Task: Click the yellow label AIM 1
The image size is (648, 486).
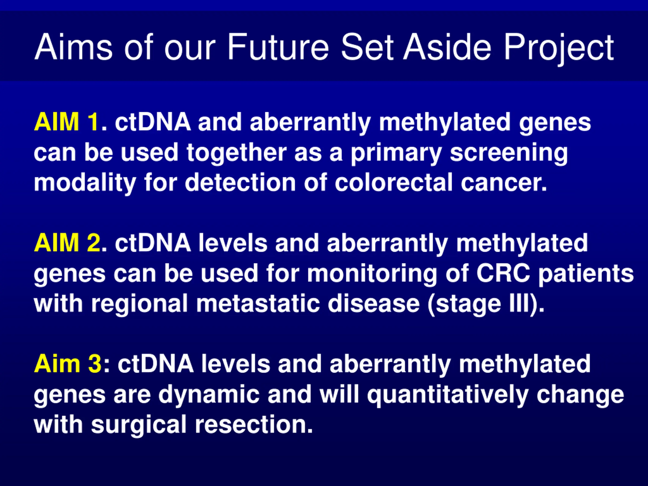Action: (x=66, y=122)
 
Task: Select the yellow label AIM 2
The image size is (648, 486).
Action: (x=67, y=242)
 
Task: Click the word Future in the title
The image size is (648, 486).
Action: (x=278, y=47)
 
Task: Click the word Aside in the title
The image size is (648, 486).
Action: (x=447, y=47)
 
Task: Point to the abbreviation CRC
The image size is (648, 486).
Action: (x=503, y=273)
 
